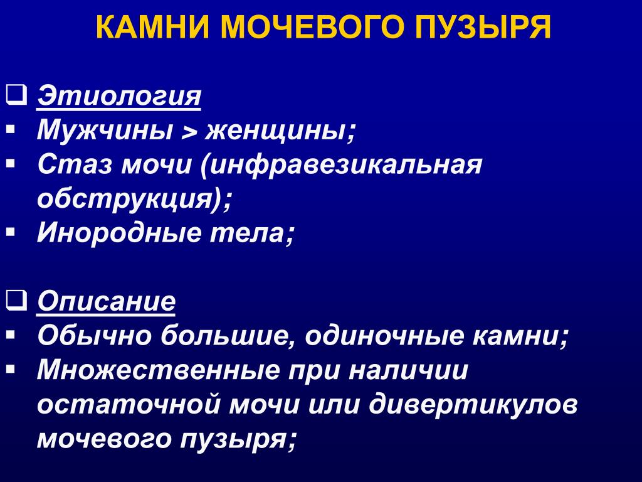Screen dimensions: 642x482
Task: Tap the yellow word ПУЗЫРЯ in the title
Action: click(483, 27)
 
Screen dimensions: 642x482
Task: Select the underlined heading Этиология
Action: click(119, 97)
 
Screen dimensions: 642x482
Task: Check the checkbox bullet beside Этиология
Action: click(16, 95)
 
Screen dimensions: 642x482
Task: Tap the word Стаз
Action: click(75, 165)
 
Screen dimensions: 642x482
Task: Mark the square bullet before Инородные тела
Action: click(11, 233)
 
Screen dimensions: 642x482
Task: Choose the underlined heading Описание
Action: click(106, 302)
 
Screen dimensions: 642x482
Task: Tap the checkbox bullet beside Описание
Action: click(16, 299)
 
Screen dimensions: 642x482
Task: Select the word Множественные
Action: click(157, 370)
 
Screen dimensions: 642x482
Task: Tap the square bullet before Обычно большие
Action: click(11, 335)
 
